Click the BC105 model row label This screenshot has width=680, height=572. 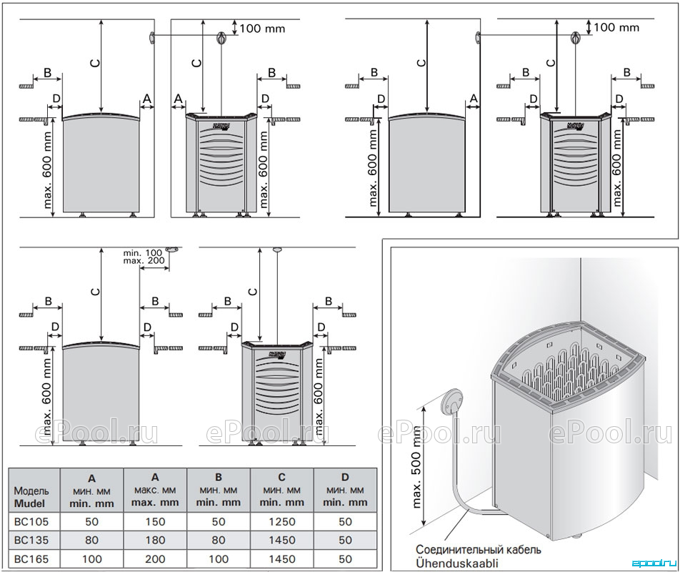click(x=31, y=521)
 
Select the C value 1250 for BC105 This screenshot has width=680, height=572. click(x=282, y=521)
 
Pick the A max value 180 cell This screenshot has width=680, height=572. click(x=155, y=541)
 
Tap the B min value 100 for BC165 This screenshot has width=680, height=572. click(x=218, y=559)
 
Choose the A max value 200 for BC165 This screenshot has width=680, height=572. click(x=155, y=559)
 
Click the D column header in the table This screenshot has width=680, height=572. click(x=345, y=490)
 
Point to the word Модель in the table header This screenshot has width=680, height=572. click(x=31, y=490)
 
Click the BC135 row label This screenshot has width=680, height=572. click(x=31, y=541)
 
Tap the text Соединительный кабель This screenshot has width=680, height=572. click(x=479, y=550)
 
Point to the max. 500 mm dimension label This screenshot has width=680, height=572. click(x=416, y=467)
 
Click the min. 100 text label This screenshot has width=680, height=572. click(x=142, y=252)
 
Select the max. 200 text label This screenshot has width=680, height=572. click(x=144, y=260)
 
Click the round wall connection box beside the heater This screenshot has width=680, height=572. click(x=452, y=401)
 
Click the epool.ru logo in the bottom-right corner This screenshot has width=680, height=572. click(x=658, y=563)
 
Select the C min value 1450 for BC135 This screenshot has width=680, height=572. click(x=282, y=541)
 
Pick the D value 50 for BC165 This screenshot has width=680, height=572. click(x=345, y=559)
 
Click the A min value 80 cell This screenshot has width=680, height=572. click(x=91, y=541)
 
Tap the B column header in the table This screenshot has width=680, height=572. click(x=218, y=490)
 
